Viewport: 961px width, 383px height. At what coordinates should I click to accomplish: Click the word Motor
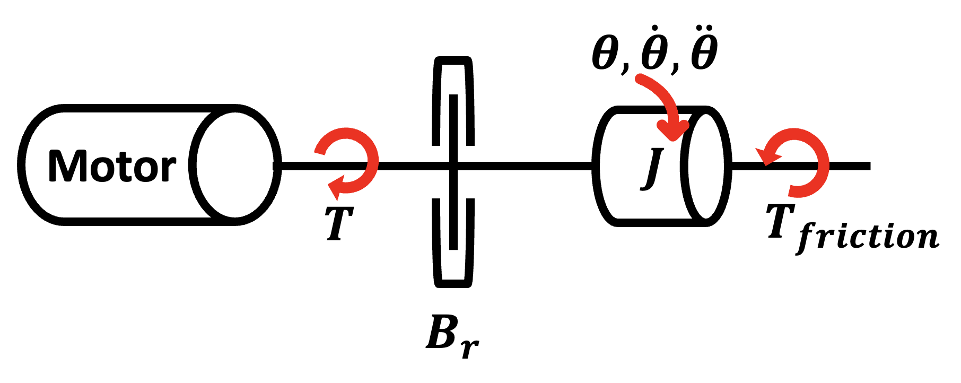(x=112, y=166)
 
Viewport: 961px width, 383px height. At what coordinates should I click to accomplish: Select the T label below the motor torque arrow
(x=339, y=223)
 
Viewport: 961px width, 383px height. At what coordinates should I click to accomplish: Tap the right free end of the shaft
(x=870, y=166)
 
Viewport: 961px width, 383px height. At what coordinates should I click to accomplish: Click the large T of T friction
(x=781, y=220)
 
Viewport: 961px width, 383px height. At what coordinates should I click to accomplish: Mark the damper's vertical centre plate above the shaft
(x=453, y=128)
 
